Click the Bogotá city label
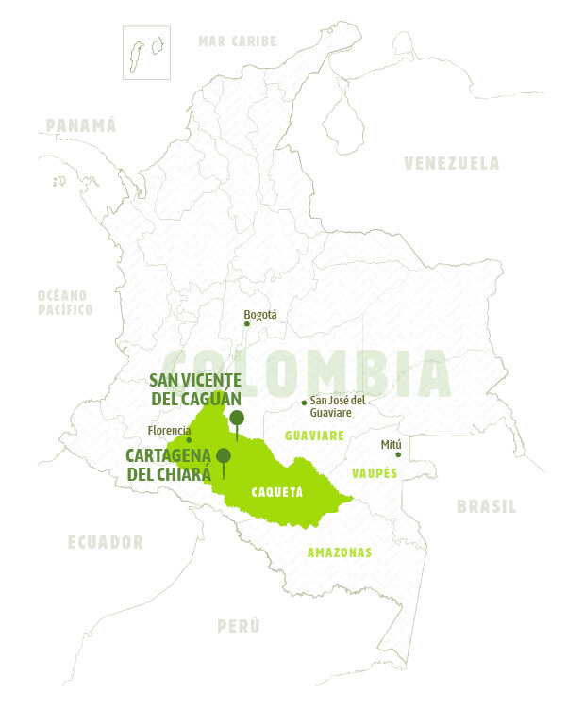[x=260, y=315]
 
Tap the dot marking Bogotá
[x=247, y=324]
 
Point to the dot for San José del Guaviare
[x=304, y=403]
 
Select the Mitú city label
[x=391, y=444]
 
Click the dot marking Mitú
[x=398, y=454]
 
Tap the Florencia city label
[x=170, y=431]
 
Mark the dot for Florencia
[x=189, y=440]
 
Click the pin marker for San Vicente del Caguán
[x=237, y=418]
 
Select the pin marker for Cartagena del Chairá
[x=224, y=456]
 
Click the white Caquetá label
[x=276, y=492]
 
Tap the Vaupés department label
[x=375, y=472]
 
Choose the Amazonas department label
[x=340, y=552]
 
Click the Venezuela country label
[x=452, y=164]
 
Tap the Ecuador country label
[x=106, y=542]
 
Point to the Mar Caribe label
[x=238, y=41]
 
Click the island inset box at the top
[x=146, y=52]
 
